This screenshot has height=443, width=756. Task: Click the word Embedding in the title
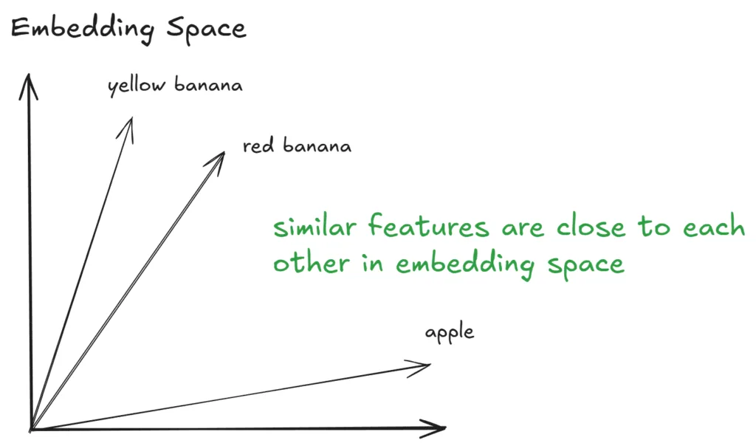83,29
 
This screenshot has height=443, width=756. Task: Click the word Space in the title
207,30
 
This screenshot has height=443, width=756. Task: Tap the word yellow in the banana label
137,86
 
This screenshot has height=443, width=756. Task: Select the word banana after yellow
208,84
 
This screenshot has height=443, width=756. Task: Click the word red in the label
258,145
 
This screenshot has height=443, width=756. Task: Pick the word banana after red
317,145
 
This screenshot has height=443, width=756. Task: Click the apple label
450,332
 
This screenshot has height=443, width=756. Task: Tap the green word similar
315,227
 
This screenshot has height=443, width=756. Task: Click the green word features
429,226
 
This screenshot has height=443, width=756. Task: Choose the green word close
591,226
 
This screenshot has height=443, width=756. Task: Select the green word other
311,263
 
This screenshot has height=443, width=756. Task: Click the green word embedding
465,264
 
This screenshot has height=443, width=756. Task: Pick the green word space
585,266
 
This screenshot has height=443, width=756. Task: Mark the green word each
714,226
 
